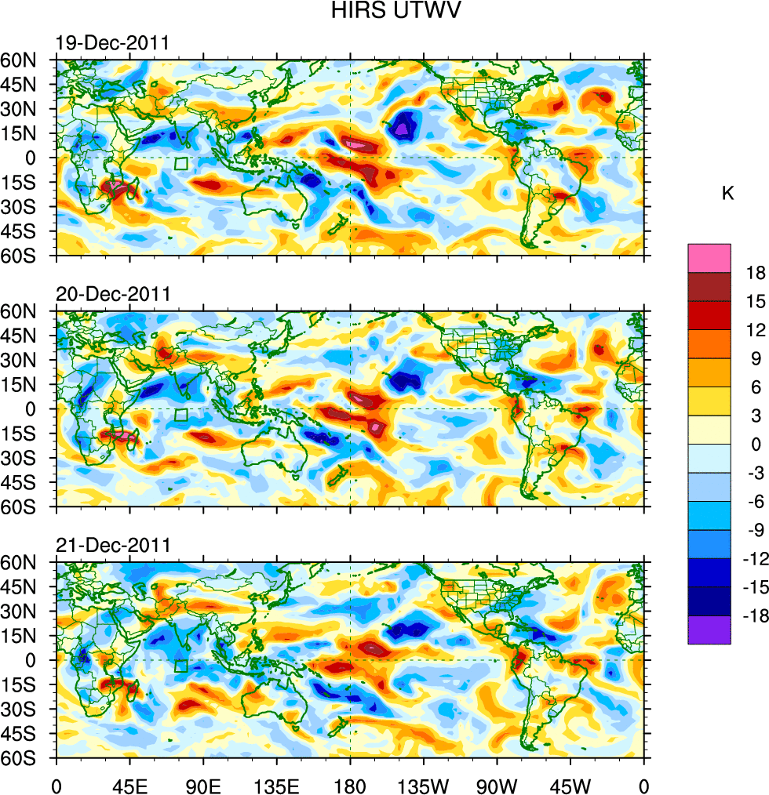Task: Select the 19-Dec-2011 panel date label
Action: [x=111, y=42]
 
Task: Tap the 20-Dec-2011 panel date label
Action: [x=112, y=294]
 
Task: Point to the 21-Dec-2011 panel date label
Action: [x=112, y=545]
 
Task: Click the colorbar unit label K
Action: [x=728, y=193]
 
